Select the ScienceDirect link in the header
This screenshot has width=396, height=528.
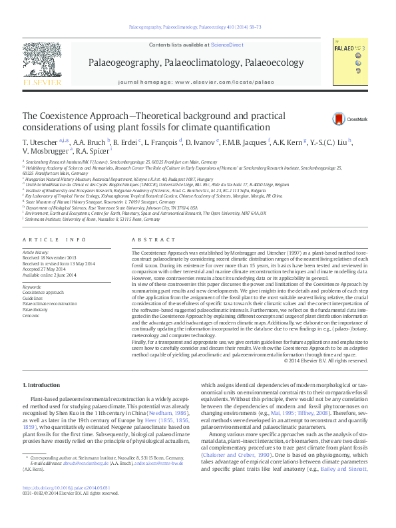point(227,45)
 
